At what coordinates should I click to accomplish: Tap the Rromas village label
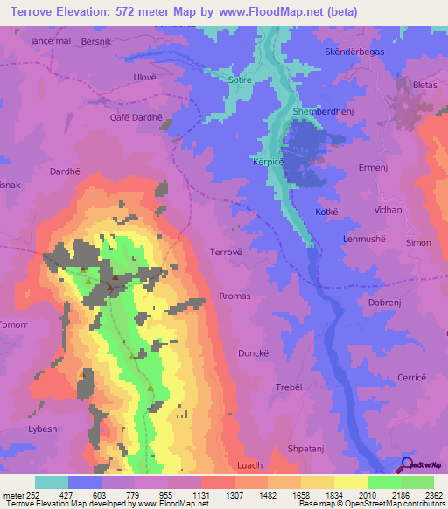[x=235, y=296]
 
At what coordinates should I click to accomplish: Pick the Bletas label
[x=424, y=85]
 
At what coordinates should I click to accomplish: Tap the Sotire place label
[x=239, y=80]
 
